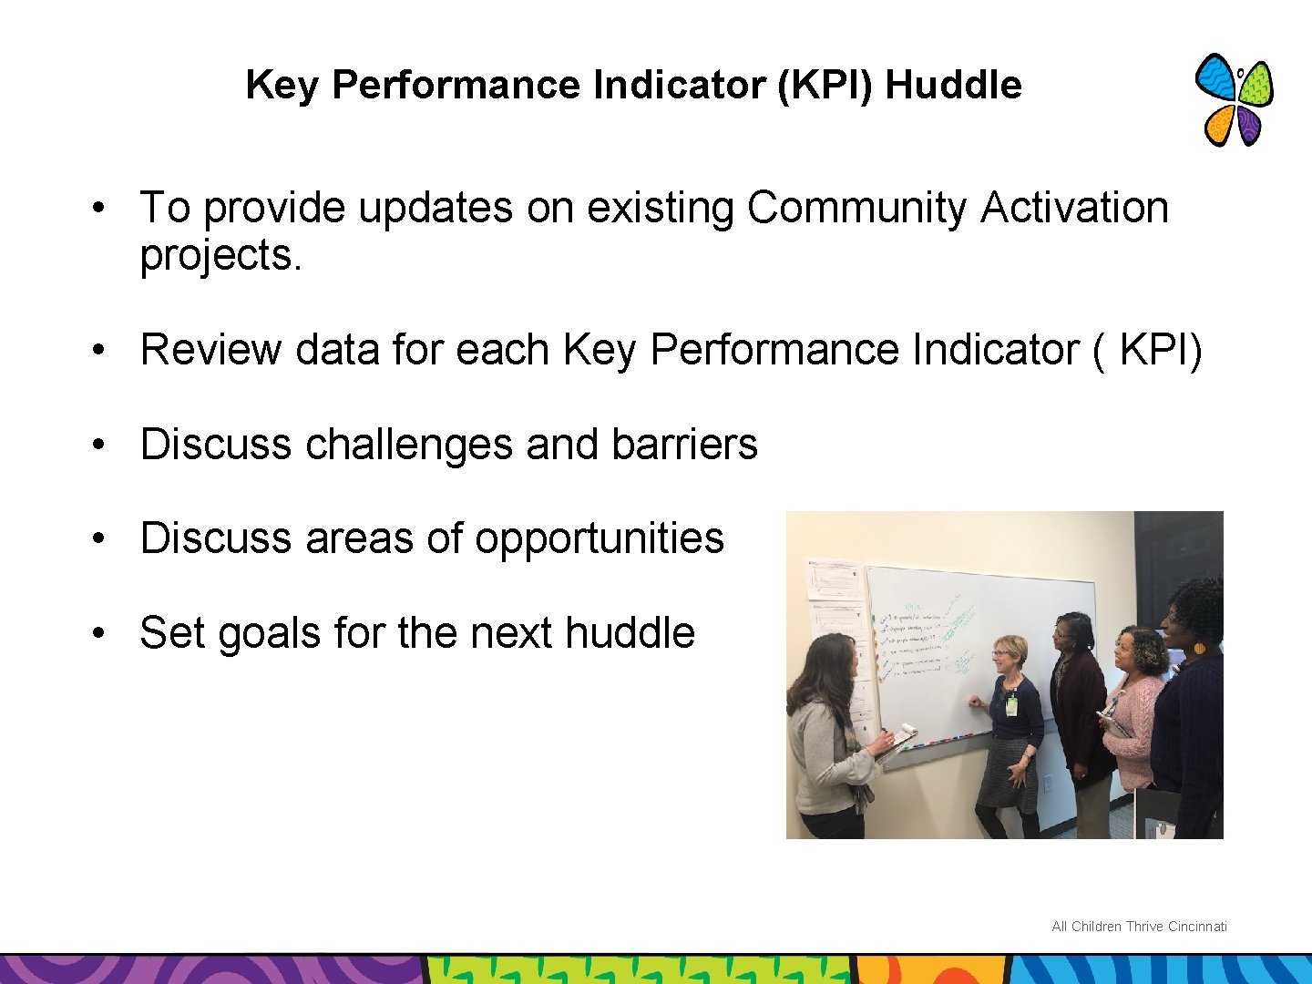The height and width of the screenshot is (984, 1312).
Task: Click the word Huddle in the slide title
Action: click(953, 85)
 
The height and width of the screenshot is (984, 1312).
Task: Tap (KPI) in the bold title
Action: click(827, 85)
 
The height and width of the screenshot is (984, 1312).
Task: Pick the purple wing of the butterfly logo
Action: click(1249, 127)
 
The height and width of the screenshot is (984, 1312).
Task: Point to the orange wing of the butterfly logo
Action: click(1219, 125)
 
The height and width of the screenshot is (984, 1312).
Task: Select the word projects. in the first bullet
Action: click(220, 255)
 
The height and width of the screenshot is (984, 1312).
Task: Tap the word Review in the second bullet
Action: click(210, 350)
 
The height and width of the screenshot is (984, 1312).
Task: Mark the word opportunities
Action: click(599, 538)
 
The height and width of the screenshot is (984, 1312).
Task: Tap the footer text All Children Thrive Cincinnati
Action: click(1139, 927)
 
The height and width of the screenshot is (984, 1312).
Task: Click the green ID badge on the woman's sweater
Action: click(1011, 705)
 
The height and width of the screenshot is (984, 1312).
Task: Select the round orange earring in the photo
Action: click(1198, 649)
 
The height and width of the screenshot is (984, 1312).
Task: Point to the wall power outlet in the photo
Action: click(1048, 784)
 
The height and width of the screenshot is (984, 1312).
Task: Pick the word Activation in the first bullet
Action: click(1074, 208)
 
